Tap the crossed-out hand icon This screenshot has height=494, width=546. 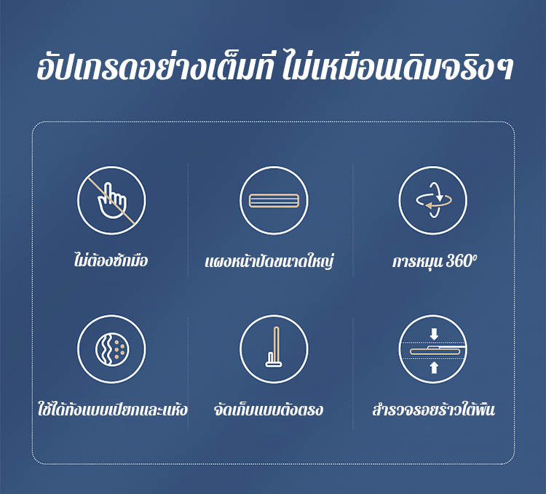click(111, 200)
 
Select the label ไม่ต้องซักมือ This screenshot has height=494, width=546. click(111, 260)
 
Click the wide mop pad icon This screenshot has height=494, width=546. click(274, 201)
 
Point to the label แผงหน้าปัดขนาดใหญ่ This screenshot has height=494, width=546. click(269, 261)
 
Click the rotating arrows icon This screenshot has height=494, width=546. click(433, 200)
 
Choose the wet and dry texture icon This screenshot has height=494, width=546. click(112, 349)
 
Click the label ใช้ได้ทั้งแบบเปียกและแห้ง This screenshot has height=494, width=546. click(112, 410)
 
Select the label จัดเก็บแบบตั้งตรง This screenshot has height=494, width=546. click(269, 410)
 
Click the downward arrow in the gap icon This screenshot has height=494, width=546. click(434, 335)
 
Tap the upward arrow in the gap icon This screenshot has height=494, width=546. click(434, 367)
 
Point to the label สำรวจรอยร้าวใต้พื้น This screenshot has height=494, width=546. click(434, 410)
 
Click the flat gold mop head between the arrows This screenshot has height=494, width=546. click(438, 351)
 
